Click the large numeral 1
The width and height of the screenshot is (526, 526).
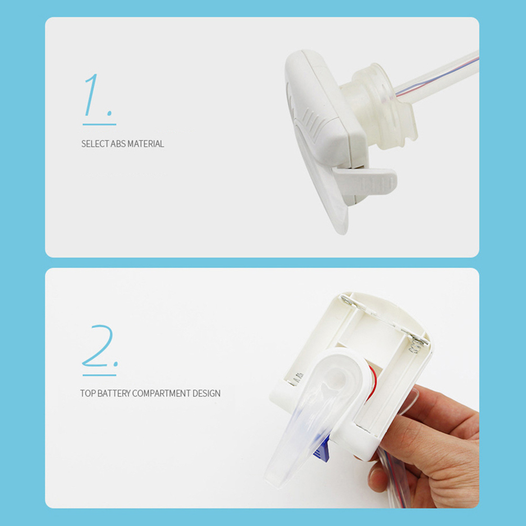point(92,95)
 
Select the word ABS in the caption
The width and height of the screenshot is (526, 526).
point(118,144)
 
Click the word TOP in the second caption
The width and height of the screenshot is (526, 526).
point(88,393)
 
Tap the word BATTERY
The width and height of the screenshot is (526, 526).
point(114,393)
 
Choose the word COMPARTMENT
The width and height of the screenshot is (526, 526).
point(161,393)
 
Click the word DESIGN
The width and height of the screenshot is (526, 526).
point(206,393)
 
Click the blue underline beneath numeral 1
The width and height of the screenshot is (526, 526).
point(99,124)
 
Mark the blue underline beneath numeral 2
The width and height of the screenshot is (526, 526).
point(99,375)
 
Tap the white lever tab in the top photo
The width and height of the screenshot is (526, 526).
point(366,181)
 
